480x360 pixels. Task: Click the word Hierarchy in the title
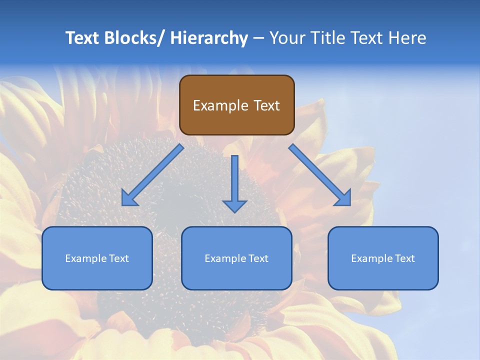[x=209, y=38]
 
